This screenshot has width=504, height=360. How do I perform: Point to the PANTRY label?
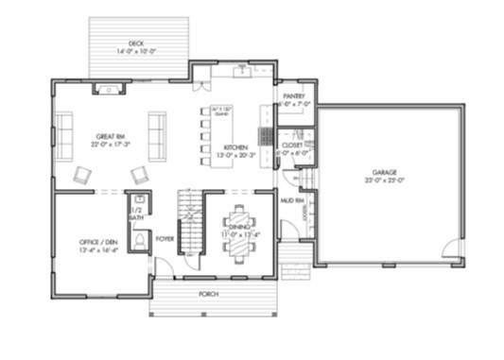click(x=292, y=95)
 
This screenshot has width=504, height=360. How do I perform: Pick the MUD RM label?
click(x=292, y=200)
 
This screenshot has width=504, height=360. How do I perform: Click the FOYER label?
click(x=165, y=237)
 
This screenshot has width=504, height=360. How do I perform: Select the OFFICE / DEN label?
click(x=97, y=243)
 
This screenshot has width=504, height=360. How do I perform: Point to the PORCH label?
click(x=208, y=294)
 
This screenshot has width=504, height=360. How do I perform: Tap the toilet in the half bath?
click(x=138, y=241)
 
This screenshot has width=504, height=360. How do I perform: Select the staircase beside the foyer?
click(x=192, y=223)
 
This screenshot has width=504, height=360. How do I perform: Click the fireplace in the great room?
click(x=112, y=90)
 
